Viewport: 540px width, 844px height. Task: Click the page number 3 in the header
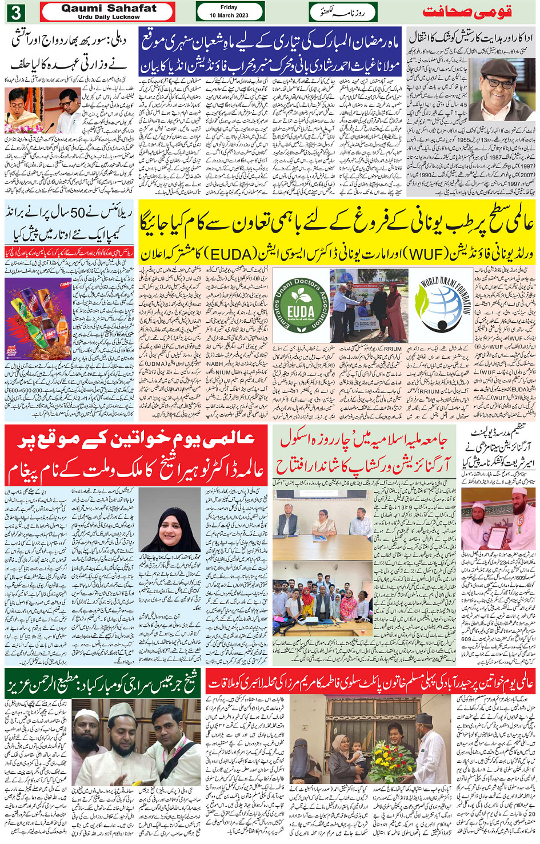17,12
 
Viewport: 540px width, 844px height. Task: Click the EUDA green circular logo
301,304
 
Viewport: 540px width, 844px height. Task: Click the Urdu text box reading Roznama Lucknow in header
343,12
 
